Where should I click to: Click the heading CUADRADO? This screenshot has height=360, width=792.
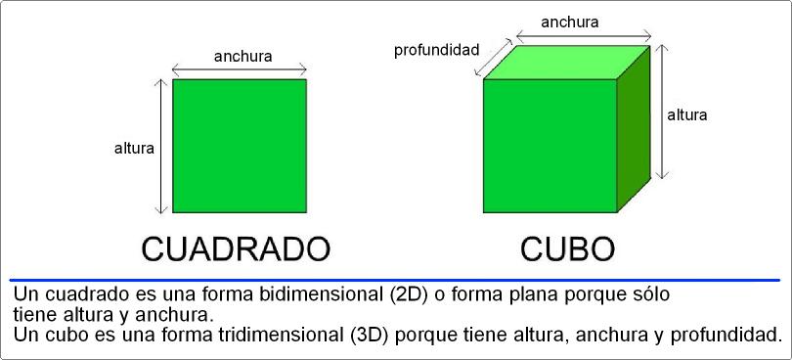pos(236,247)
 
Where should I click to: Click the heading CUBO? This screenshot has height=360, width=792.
pos(567,247)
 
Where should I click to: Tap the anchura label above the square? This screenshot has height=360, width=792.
pos(242,56)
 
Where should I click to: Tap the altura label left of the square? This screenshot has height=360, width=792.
pos(134,149)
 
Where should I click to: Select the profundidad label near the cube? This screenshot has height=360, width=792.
pos(436,49)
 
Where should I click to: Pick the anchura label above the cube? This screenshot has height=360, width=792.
pos(569,22)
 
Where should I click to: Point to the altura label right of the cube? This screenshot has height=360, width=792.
pos(687,114)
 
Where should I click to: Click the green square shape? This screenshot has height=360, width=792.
pos(240,146)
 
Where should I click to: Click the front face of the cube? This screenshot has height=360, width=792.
pos(550,146)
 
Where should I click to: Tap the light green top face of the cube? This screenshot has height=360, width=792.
pos(567,62)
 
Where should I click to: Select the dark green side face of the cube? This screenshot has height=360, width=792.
pos(634,127)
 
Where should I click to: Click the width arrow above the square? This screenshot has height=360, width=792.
pos(240,69)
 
